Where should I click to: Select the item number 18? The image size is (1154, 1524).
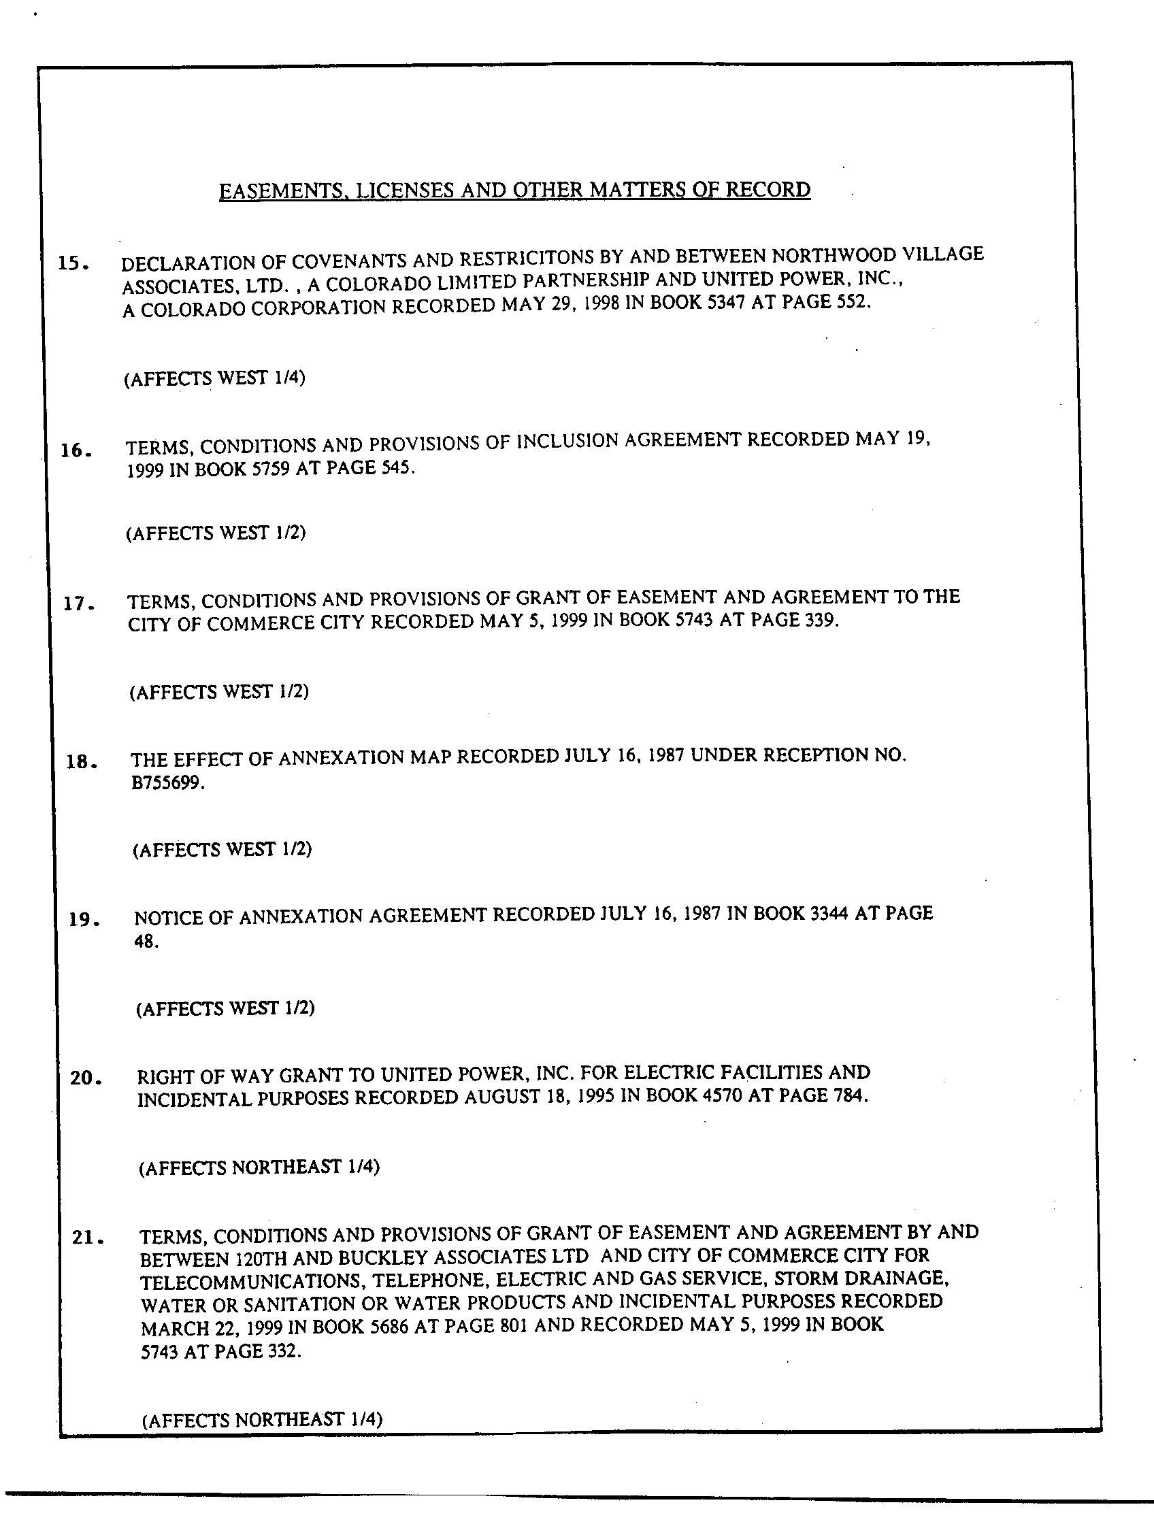pyautogui.click(x=80, y=762)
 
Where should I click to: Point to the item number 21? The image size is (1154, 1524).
pyautogui.click(x=88, y=1238)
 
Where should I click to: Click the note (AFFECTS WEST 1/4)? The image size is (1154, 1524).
pyautogui.click(x=214, y=378)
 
